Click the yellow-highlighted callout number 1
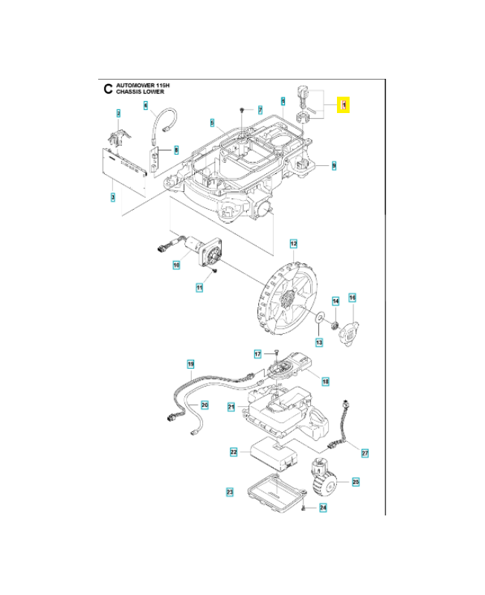tap(344, 106)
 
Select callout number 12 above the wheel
tap(293, 243)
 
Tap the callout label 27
tap(364, 452)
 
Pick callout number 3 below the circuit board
tap(112, 196)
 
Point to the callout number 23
tap(229, 492)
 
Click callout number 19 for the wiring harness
tap(190, 364)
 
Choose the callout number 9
tap(334, 165)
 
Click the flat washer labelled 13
tap(318, 318)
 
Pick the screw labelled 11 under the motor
tap(214, 271)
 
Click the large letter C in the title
tap(108, 89)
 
